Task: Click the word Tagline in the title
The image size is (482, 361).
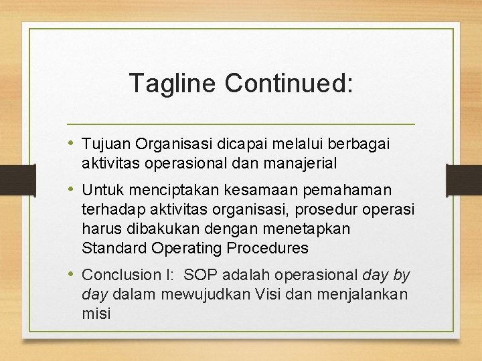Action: coord(173,84)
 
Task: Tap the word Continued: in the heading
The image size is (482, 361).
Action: coord(289,84)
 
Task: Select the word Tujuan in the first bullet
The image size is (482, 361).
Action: coord(106,144)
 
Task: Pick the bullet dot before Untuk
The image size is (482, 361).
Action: coord(72,191)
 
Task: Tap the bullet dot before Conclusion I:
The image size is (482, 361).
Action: coord(72,275)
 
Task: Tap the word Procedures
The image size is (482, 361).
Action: coord(267,248)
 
